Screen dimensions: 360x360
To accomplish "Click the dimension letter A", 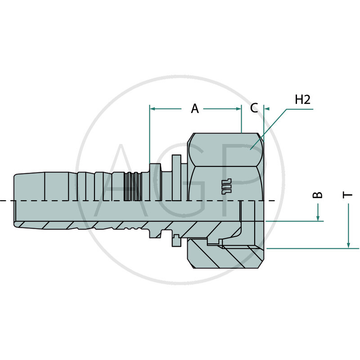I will [x=194, y=108].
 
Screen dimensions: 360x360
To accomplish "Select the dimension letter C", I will [x=254, y=108].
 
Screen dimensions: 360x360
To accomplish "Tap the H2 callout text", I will [x=302, y=100].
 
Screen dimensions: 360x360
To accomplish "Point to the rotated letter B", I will [x=318, y=195].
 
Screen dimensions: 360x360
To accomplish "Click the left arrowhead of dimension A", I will [x=153, y=108].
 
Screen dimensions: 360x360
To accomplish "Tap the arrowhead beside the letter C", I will [x=266, y=108].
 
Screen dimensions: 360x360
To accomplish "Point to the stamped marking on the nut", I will [x=225, y=186].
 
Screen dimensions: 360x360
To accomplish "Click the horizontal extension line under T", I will [x=315, y=248].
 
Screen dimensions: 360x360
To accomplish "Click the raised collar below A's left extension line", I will [x=154, y=173].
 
